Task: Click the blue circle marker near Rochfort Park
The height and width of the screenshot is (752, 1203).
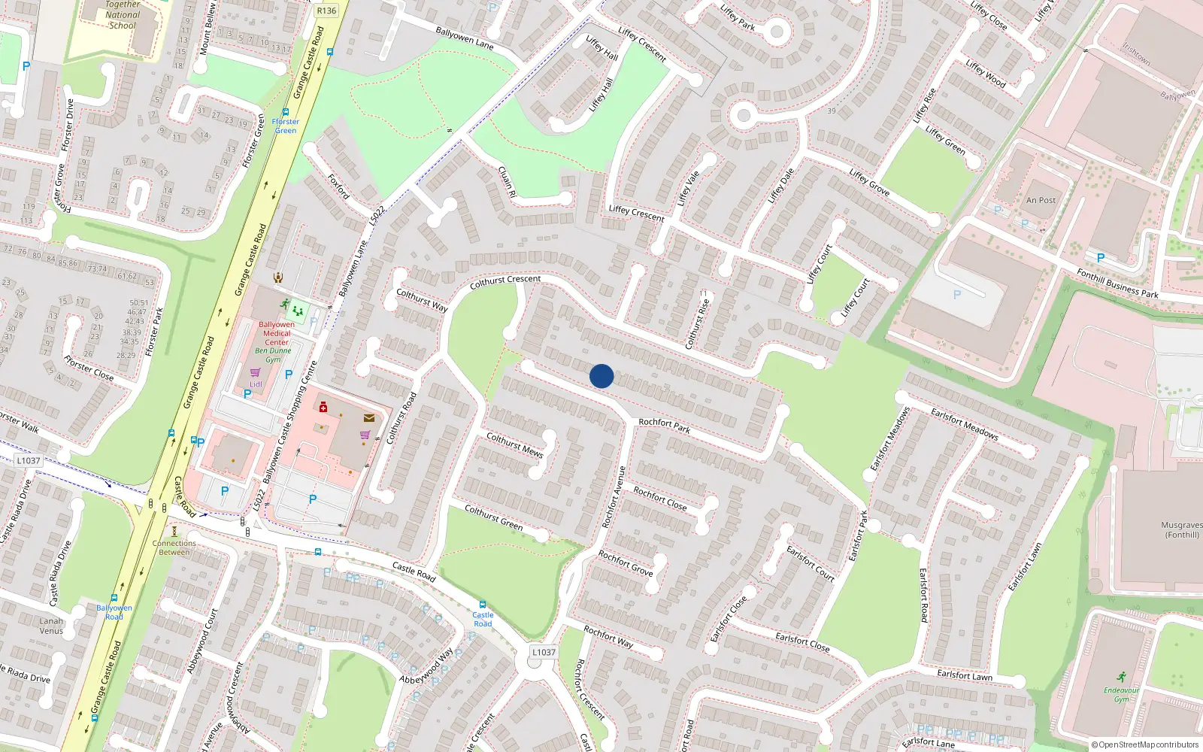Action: [x=601, y=376]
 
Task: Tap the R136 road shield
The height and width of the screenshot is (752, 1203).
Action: [x=326, y=11]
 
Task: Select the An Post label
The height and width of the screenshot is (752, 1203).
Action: [x=1041, y=200]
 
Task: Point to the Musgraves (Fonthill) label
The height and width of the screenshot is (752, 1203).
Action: [x=1181, y=530]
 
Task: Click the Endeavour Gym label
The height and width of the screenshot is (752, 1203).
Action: [x=1121, y=695]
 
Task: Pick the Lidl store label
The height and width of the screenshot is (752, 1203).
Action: [x=256, y=384]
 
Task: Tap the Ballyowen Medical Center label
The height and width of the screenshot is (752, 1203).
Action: [x=277, y=333]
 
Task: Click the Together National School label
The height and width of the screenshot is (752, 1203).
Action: [x=123, y=15]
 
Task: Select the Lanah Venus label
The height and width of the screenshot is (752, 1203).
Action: [x=51, y=626]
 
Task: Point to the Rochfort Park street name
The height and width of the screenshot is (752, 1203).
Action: [x=664, y=426]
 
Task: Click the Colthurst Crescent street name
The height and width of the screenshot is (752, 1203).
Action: [x=505, y=281]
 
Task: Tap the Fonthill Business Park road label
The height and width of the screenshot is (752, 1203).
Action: [x=1117, y=284]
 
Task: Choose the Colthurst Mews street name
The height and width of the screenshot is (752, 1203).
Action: [x=514, y=444]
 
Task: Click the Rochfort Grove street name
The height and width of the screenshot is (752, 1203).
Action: [x=626, y=563]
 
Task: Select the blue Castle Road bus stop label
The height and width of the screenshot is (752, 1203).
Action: [x=483, y=619]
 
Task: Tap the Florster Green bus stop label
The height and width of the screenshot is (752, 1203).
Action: [x=285, y=126]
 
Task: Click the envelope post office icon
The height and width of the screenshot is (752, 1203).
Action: [x=369, y=418]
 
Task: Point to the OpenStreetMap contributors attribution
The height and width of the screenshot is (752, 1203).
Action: [x=1144, y=744]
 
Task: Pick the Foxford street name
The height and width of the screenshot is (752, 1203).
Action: [x=338, y=186]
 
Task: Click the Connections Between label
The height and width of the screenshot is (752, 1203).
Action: [x=174, y=547]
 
